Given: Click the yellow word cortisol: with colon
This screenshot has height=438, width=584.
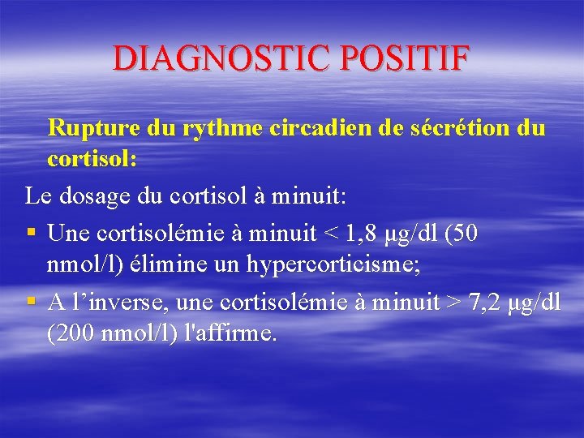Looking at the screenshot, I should tap(92, 158).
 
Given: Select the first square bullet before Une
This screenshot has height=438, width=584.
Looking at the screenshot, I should tap(31, 234).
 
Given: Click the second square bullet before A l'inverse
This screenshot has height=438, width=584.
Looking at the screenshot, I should tap(31, 303).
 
